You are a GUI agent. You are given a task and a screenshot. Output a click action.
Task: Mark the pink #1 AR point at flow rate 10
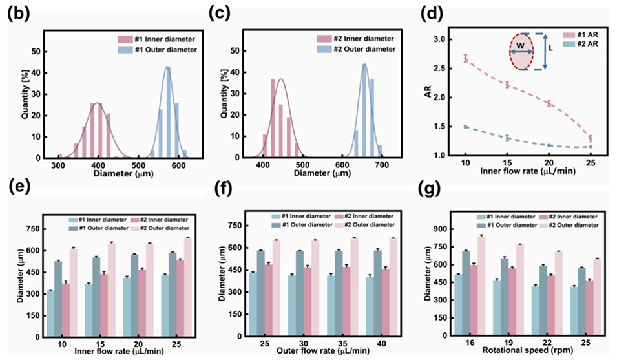[x=465, y=58]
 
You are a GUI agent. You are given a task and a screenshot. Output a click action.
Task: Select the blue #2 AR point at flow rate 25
[x=591, y=147]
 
